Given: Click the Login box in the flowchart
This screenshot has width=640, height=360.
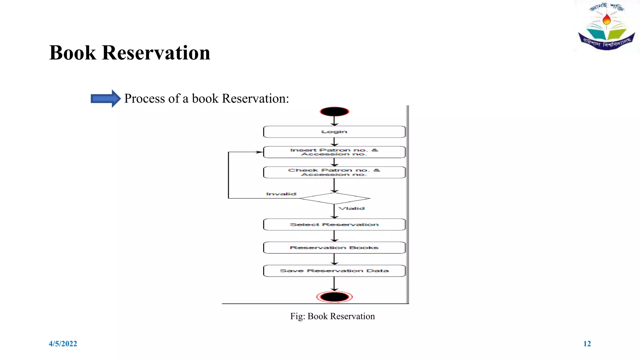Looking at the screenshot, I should pyautogui.click(x=334, y=132).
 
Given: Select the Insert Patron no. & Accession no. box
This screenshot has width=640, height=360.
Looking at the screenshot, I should pyautogui.click(x=334, y=152).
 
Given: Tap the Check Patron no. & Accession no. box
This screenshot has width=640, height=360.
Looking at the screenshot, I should pyautogui.click(x=334, y=172).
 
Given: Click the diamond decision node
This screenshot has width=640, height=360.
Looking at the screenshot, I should pyautogui.click(x=334, y=198).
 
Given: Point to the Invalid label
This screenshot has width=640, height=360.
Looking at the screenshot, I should pyautogui.click(x=281, y=194).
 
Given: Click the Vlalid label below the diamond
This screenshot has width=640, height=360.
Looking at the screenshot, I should pyautogui.click(x=352, y=208).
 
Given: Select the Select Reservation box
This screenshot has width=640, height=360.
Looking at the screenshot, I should pyautogui.click(x=334, y=225).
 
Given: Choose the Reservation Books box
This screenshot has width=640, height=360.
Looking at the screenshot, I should pyautogui.click(x=334, y=248).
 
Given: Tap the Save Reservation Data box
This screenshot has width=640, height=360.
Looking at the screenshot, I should pyautogui.click(x=334, y=271).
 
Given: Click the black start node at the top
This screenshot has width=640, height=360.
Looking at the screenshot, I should pyautogui.click(x=334, y=112).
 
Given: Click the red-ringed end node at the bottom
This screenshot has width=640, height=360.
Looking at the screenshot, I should pyautogui.click(x=334, y=297).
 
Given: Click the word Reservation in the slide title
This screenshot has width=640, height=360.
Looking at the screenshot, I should pyautogui.click(x=156, y=53).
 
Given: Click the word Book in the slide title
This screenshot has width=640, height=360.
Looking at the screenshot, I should pyautogui.click(x=72, y=53).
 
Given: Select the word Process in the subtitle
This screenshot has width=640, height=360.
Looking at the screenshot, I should pyautogui.click(x=144, y=99).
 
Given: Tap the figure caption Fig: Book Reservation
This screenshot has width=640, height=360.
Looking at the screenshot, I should pyautogui.click(x=332, y=316).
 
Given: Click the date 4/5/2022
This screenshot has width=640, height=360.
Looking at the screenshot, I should pyautogui.click(x=63, y=344).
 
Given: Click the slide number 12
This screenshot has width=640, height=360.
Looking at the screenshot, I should pyautogui.click(x=587, y=344).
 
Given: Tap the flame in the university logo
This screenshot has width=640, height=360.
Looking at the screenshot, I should pyautogui.click(x=607, y=19).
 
